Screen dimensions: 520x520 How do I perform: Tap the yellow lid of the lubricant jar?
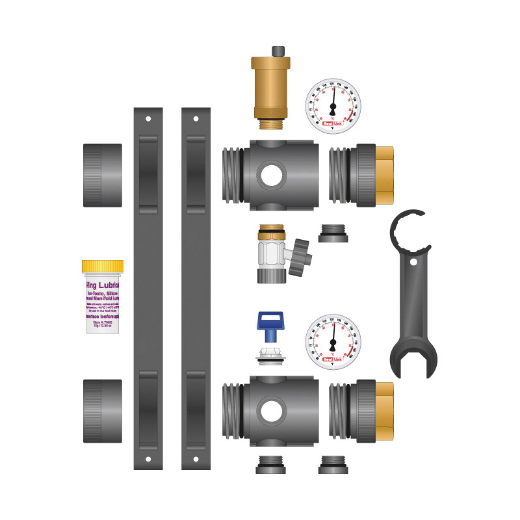pos(103,266)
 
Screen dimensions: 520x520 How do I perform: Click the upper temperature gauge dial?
pos(333,106)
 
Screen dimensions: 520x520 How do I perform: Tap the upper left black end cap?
pos(103,175)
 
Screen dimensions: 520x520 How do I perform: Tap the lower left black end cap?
pos(103,411)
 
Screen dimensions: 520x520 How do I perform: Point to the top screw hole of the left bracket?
pos(148,120)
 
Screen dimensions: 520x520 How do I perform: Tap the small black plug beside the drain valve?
pos(333,233)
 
